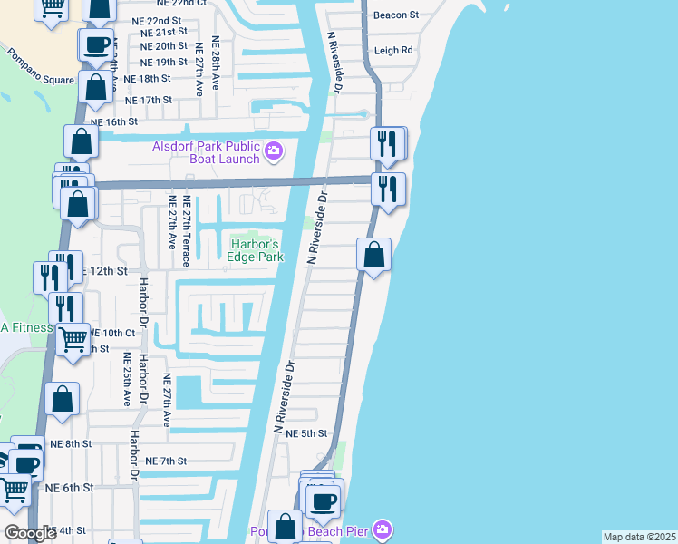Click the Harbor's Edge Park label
click(x=256, y=250)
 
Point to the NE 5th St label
click(x=305, y=434)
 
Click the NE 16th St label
click(x=114, y=121)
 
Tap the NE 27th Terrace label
click(x=186, y=231)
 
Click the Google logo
click(x=29, y=533)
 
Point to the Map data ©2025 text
click(x=639, y=537)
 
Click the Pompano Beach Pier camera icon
click(x=383, y=528)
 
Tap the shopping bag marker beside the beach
click(x=373, y=256)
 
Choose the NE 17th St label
click(x=148, y=100)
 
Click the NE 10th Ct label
click(x=112, y=334)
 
